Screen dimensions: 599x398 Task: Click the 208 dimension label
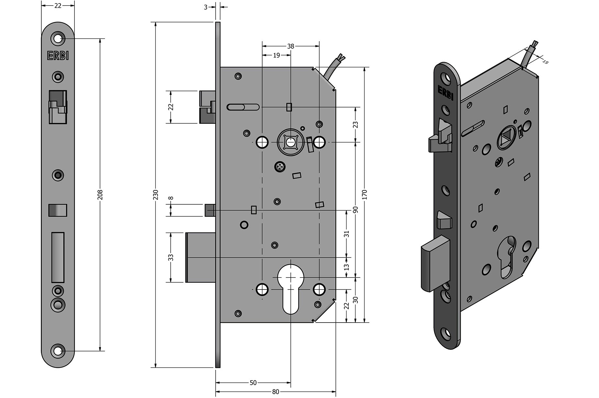coord(100,194)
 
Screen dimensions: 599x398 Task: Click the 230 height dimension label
coord(156,194)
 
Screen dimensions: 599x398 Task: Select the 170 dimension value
coord(365,194)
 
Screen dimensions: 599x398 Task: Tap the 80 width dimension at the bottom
coord(275,392)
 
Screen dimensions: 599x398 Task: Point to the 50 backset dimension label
coord(253,383)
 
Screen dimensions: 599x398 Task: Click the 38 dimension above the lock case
coord(291,46)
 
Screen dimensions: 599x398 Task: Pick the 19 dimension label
coord(276,55)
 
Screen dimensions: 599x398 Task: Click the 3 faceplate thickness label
coord(206,7)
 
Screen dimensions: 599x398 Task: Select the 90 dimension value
coord(356,210)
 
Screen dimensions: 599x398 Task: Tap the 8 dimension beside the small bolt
coord(171,198)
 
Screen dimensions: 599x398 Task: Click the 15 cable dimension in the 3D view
coord(545,62)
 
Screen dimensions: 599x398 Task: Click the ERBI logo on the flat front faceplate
coord(58,56)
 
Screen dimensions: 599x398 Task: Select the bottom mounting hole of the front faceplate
coord(58,351)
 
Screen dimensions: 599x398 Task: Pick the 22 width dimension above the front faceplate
coord(58,6)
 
